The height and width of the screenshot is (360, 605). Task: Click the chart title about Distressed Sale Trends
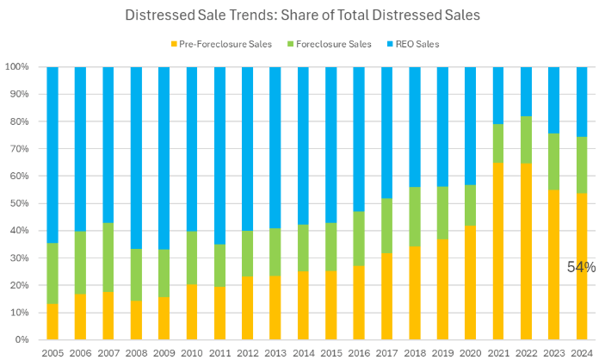click(301, 16)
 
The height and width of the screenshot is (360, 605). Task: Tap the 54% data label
click(581, 268)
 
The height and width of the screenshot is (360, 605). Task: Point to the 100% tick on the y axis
click(17, 66)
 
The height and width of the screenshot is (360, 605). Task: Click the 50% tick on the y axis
click(20, 203)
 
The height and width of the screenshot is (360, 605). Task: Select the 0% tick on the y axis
click(23, 340)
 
